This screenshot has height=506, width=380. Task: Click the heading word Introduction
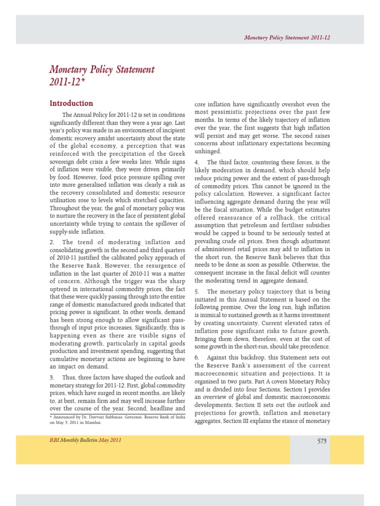(x=71, y=103)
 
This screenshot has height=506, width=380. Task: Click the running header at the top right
(x=287, y=38)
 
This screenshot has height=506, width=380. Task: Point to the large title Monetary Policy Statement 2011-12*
(x=101, y=76)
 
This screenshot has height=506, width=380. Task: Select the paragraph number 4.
(x=196, y=162)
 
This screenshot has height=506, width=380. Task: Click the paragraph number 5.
(x=196, y=292)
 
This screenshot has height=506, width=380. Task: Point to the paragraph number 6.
(x=196, y=357)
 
